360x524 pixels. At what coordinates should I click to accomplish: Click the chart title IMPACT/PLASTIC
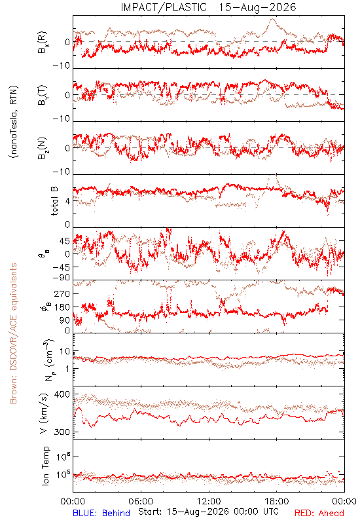164,7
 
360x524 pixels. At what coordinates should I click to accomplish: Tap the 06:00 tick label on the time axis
141,501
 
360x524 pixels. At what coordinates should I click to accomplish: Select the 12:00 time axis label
209,501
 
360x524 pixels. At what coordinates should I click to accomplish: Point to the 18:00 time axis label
277,501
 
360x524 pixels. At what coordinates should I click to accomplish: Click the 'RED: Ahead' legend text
319,513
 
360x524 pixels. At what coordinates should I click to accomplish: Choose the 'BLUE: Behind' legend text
101,513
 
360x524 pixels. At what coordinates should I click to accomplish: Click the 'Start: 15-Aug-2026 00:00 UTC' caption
208,512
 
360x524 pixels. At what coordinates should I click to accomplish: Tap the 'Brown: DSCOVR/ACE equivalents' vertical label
13,333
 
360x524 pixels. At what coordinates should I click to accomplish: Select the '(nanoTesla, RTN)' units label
14,122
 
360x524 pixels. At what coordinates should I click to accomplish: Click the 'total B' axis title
54,201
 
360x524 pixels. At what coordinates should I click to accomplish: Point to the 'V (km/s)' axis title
44,413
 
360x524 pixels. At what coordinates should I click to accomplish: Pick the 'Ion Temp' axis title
45,466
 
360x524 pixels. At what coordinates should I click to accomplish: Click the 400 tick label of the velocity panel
62,394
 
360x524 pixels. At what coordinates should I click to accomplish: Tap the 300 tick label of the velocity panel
62,432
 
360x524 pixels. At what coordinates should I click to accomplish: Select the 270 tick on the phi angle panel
62,293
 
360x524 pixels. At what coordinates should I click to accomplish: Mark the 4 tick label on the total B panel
67,202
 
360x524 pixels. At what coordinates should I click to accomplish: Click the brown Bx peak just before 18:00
272,19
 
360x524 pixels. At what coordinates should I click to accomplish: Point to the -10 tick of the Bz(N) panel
62,172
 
